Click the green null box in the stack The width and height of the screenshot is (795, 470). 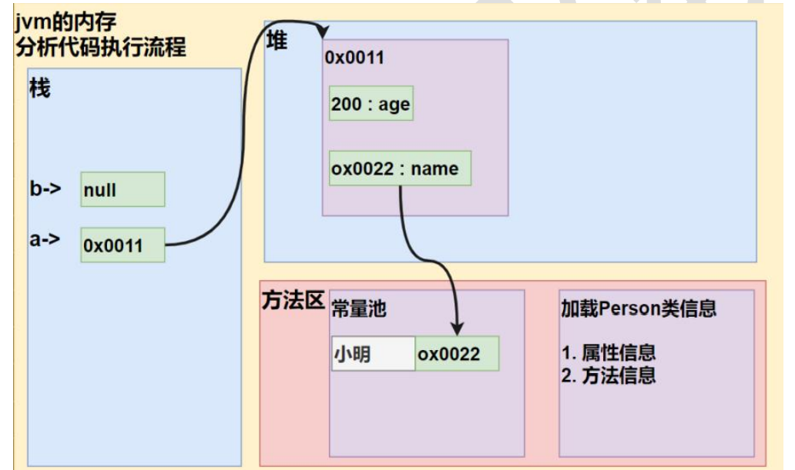[x=122, y=189]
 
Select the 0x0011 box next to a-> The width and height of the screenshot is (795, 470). [x=122, y=245]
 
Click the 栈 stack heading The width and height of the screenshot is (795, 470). [x=40, y=88]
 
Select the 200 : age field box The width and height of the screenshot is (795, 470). [x=371, y=104]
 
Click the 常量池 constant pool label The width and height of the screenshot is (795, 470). [x=358, y=308]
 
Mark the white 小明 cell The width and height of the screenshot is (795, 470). [x=373, y=354]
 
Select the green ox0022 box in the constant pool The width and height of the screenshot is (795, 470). [x=457, y=354]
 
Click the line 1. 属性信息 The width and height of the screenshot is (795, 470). [x=609, y=353]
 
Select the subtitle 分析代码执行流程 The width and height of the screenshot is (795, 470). [x=99, y=46]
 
